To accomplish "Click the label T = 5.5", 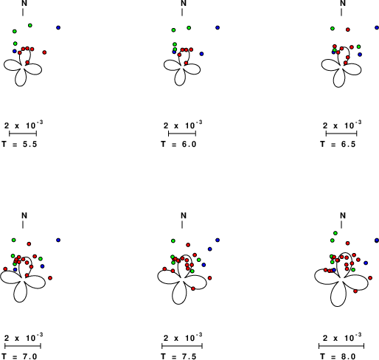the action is tap(19, 144).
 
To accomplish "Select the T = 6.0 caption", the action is tap(178, 144).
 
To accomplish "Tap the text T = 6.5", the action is tap(338, 144).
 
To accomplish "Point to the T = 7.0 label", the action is tap(19, 356).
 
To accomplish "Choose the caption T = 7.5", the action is tap(178, 356).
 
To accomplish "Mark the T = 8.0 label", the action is tap(338, 356).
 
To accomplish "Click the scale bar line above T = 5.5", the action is tap(23, 134).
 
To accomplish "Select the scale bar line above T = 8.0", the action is tap(341, 346).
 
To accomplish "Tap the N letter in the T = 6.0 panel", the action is tap(184, 3).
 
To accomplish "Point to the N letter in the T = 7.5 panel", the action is tap(184, 215).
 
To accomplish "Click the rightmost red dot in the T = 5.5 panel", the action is tap(44, 52).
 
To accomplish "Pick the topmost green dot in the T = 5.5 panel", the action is tap(30, 25).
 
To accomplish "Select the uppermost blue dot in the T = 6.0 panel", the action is tap(218, 27).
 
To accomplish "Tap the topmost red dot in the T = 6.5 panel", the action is tap(348, 30).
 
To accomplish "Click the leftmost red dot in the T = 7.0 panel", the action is tap(5, 269).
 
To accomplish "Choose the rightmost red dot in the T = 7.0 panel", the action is tap(50, 278).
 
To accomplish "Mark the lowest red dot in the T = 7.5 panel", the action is tap(193, 288).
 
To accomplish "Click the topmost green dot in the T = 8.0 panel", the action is tap(335, 233).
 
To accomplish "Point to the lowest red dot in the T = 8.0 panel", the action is tap(355, 291).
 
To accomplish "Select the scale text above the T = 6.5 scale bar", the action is tap(342, 125).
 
